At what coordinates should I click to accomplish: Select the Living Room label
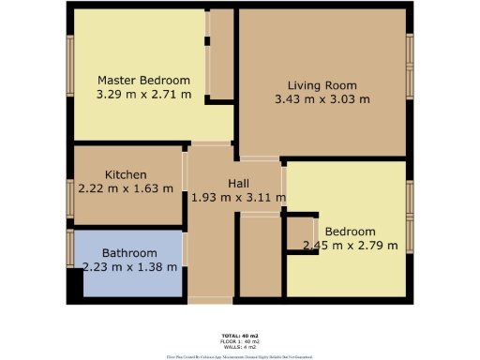point(322,84)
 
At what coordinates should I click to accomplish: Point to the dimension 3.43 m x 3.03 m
point(322,98)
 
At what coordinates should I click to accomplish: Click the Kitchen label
point(126,174)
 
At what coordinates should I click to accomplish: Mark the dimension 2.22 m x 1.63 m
point(126,188)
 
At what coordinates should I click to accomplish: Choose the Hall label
point(237,184)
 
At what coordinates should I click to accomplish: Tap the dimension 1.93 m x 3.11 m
point(237,198)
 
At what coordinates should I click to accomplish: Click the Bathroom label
point(129,253)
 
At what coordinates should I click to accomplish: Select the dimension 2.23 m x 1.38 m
point(129,267)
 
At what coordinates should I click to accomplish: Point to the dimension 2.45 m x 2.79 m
point(350,246)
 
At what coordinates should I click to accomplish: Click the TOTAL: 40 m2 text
point(240,335)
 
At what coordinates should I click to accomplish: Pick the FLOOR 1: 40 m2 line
point(240,341)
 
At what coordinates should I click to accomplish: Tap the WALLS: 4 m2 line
point(240,347)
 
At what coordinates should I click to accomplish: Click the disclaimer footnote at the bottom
point(240,356)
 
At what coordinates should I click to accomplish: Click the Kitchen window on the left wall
point(70,198)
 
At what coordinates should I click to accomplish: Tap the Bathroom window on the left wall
point(70,248)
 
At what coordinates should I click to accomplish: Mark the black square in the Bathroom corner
point(74,283)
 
